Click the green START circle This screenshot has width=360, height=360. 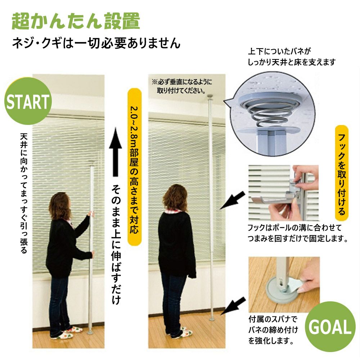coord(28,101)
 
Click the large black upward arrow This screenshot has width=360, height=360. coord(115,152)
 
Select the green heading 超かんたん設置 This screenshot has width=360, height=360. coord(76,21)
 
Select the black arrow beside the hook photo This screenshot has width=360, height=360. coord(232,200)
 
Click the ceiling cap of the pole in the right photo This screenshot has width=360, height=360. coord(210,96)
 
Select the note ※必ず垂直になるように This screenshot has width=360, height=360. coord(182,82)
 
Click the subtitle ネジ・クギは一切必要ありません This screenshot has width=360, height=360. coord(96,43)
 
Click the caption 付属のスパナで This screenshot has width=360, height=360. coord(273,319)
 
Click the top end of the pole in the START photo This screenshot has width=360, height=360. coord(91,162)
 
